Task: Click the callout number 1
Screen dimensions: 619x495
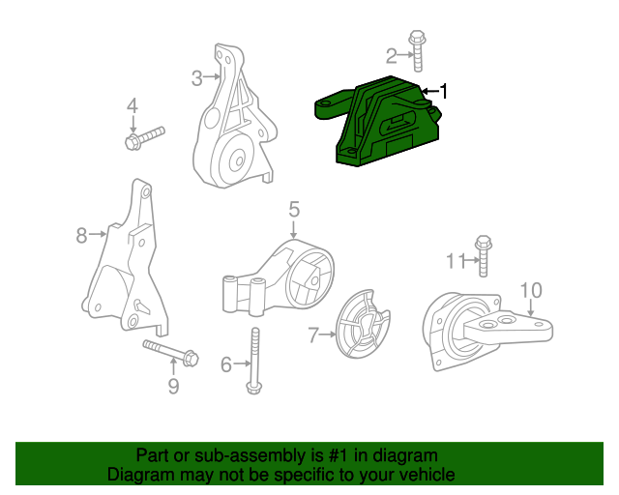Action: coord(444,91)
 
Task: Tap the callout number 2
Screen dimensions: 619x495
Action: coord(392,55)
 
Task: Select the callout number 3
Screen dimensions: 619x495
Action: coord(195,77)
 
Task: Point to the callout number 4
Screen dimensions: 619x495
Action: coord(133,106)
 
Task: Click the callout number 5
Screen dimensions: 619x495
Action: coord(294,209)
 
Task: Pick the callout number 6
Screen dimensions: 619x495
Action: coord(226,364)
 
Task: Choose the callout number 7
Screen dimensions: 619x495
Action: coord(313,335)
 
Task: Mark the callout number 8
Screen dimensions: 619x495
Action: coord(82,233)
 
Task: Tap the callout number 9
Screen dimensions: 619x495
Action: coord(174,387)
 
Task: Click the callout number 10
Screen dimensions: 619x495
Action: coord(531,290)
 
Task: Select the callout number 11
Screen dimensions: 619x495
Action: coord(456,259)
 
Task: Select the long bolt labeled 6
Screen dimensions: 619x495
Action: coord(254,363)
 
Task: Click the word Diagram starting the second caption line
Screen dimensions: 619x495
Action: coord(139,475)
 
